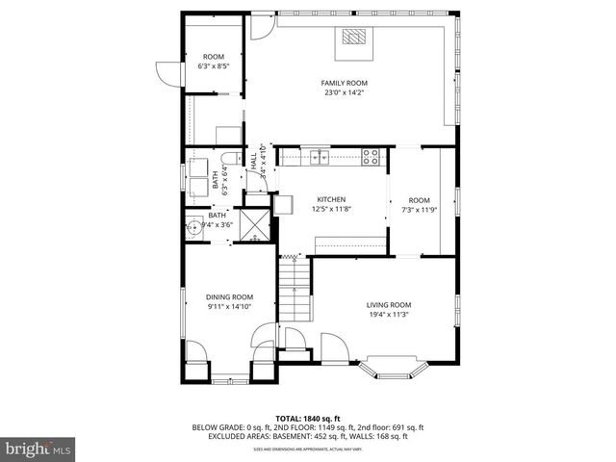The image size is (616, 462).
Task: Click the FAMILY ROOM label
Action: pos(344,83)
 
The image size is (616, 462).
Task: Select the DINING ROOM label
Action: pos(229,297)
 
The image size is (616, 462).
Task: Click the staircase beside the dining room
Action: pos(295,294)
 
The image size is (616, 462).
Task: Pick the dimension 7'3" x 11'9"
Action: pos(419,209)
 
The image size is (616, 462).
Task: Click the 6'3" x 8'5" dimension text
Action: pos(212,67)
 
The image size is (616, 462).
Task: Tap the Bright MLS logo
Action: pos(38,449)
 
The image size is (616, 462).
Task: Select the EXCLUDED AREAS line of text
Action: pos(307,436)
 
